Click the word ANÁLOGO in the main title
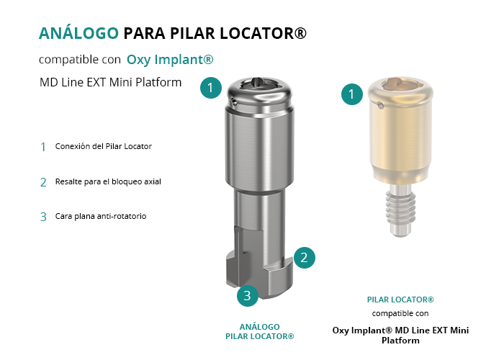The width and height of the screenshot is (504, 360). coord(78,33)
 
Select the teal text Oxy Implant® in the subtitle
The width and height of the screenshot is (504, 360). coord(170,60)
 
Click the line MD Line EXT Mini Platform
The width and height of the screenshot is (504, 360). coord(111,82)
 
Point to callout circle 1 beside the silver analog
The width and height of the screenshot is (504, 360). coord(211,87)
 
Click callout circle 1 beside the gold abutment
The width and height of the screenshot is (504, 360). coord(352,94)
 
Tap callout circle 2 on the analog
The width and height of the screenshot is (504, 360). coord(304,258)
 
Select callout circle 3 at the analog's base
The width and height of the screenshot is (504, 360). coord(248,295)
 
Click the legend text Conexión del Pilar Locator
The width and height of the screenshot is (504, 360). coord(104,146)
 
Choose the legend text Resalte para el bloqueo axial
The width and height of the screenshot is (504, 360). coord(108,181)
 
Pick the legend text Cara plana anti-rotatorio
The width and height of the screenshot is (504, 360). coord(101,216)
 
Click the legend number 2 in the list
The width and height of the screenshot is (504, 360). coord(43,182)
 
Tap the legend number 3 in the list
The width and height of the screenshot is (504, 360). coord(43,217)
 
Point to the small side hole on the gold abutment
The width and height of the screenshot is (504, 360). coord(380,105)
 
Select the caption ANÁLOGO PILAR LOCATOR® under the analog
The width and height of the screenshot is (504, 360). coord(260,331)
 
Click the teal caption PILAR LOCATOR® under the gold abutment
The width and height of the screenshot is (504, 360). coord(400,300)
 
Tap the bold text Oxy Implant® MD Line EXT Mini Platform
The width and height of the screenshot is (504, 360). coord(400,336)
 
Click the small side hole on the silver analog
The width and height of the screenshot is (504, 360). coord(234,103)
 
